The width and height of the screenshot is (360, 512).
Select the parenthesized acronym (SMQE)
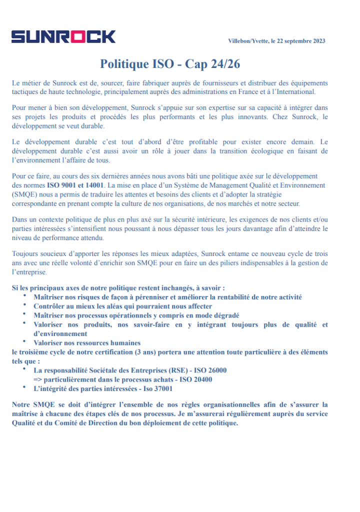point(24,194)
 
